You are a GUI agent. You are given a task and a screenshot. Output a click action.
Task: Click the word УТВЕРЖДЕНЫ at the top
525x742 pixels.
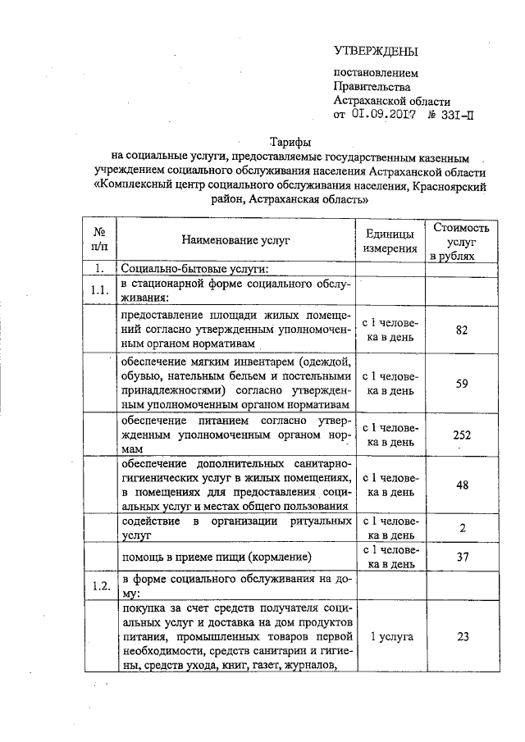click(376, 52)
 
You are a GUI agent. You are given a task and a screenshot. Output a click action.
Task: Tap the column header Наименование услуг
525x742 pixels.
click(236, 239)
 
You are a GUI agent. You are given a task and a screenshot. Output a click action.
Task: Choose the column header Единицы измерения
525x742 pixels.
click(390, 239)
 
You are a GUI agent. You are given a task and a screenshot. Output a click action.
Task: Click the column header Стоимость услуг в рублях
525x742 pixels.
click(461, 240)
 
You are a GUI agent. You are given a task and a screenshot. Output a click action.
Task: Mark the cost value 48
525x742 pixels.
click(462, 485)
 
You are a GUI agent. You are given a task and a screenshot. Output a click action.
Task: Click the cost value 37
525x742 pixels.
click(462, 557)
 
